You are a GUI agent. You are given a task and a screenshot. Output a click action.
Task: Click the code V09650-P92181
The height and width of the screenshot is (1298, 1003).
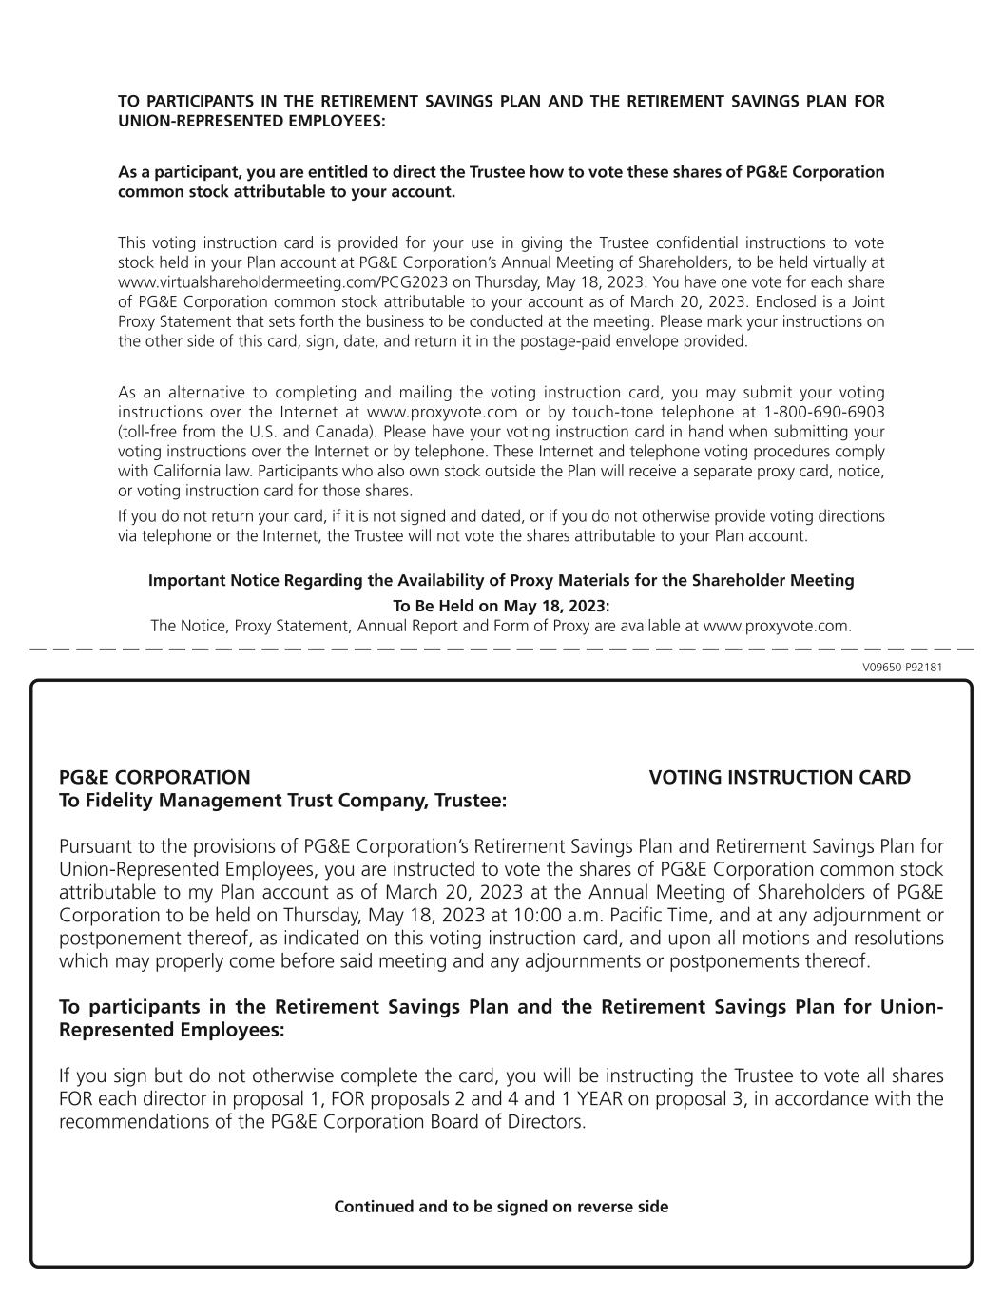(x=902, y=667)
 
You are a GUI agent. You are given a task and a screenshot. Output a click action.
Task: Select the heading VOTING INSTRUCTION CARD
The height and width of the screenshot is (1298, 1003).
(x=780, y=778)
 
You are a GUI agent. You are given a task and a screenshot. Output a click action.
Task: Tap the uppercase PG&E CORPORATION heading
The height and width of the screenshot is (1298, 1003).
(x=155, y=778)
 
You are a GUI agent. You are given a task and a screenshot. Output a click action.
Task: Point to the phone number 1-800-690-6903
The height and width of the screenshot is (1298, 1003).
(x=823, y=412)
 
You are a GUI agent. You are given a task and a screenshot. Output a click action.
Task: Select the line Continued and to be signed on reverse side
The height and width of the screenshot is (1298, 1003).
(x=501, y=1207)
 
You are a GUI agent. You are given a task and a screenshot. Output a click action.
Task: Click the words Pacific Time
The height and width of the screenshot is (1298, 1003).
(x=661, y=916)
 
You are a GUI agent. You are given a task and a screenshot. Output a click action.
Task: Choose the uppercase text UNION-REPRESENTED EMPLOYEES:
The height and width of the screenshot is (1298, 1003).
(x=251, y=121)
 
